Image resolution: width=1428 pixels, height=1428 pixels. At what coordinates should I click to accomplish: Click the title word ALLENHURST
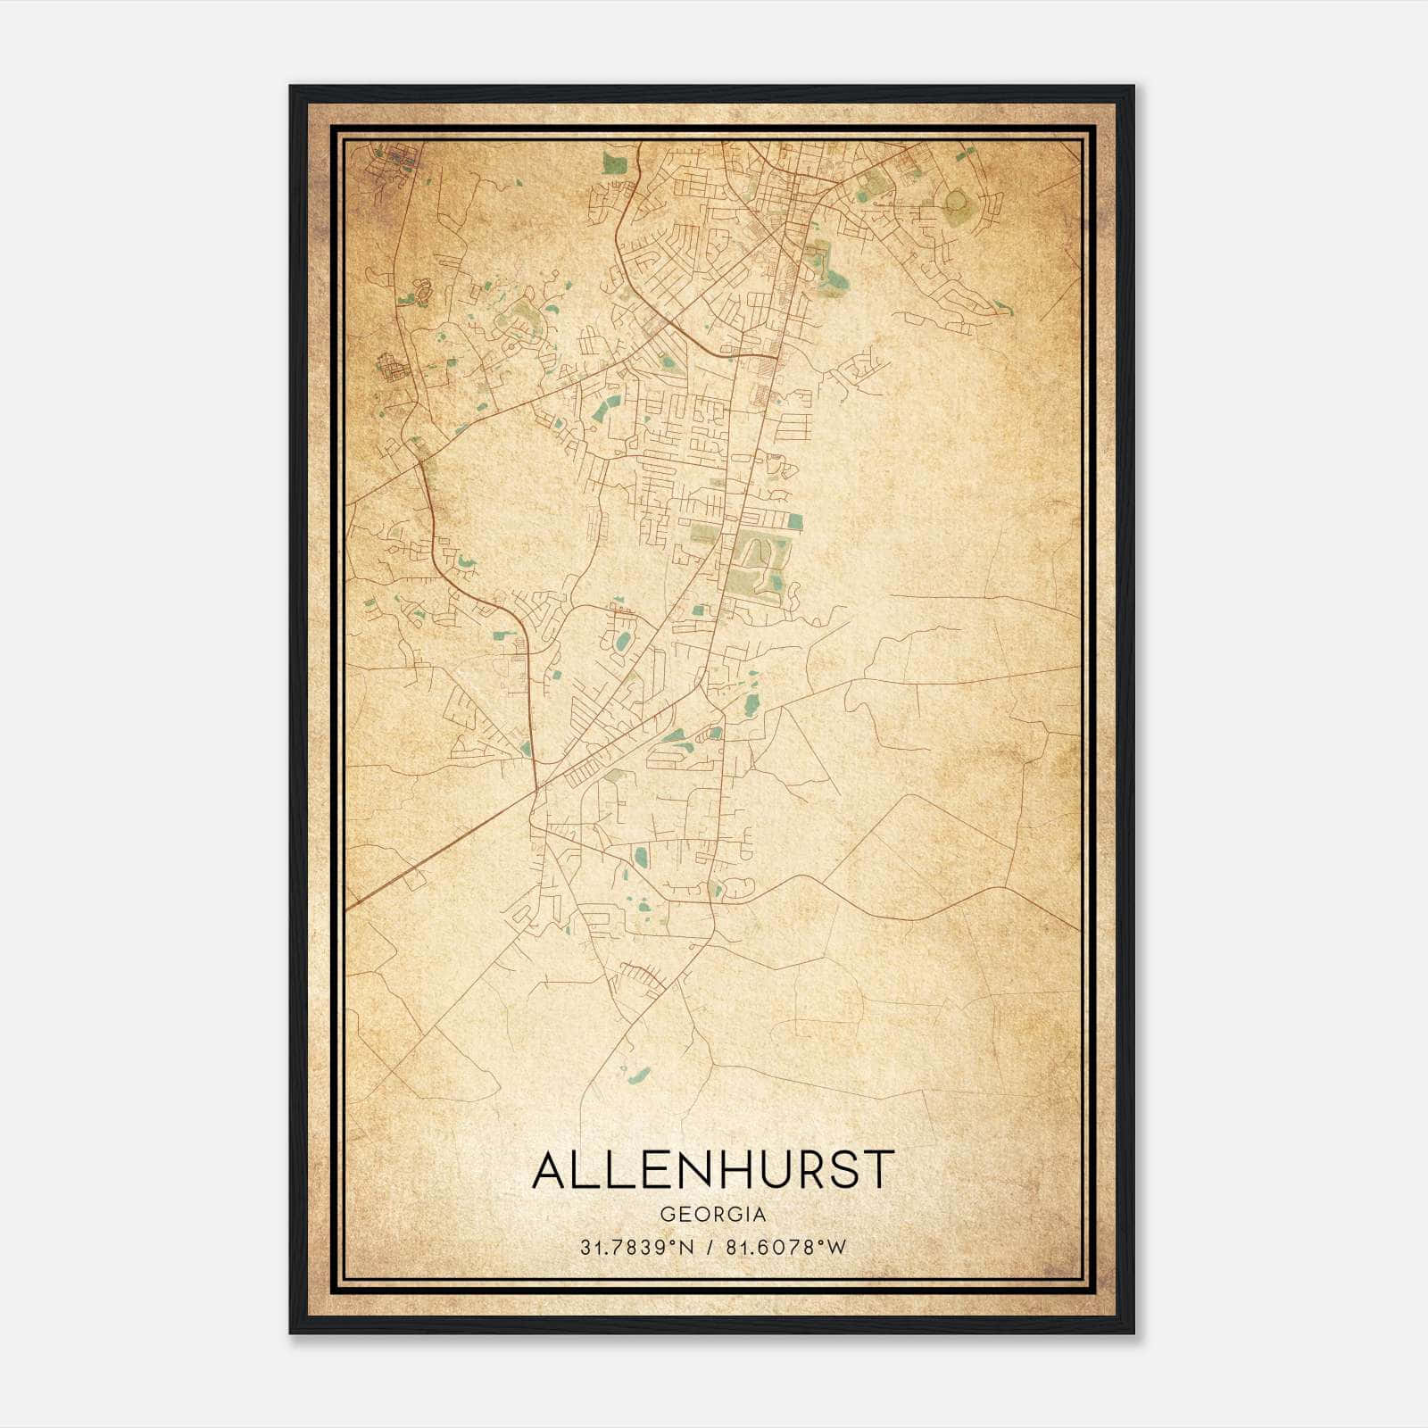click(x=712, y=1170)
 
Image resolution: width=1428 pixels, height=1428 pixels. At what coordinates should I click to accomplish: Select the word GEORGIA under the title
click(x=712, y=1215)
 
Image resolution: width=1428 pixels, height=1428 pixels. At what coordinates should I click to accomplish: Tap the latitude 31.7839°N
click(x=636, y=1248)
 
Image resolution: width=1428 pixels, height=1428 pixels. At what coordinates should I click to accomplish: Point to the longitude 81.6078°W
click(x=785, y=1248)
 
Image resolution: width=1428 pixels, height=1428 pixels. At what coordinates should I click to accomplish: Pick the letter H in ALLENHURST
click(x=729, y=1170)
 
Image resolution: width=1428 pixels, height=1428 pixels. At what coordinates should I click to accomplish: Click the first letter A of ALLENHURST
click(x=550, y=1170)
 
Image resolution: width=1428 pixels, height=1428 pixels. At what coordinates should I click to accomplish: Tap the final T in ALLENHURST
click(x=878, y=1170)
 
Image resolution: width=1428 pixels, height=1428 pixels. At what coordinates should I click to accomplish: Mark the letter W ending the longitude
click(x=836, y=1248)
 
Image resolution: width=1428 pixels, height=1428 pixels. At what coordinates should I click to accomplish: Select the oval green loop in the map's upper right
click(x=956, y=203)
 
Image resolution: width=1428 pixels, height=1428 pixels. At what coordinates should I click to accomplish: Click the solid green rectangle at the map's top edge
click(x=614, y=162)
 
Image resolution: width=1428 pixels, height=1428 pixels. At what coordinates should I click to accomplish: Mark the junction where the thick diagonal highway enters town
click(x=535, y=789)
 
